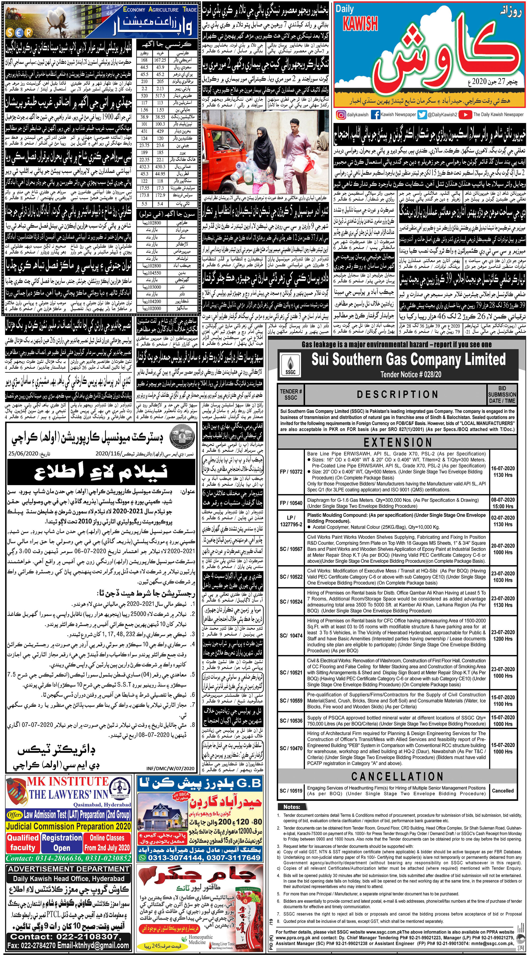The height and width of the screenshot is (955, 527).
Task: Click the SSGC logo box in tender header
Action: (291, 365)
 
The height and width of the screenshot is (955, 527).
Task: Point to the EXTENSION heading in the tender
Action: (397, 442)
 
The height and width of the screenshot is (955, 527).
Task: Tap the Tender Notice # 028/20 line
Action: (411, 374)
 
